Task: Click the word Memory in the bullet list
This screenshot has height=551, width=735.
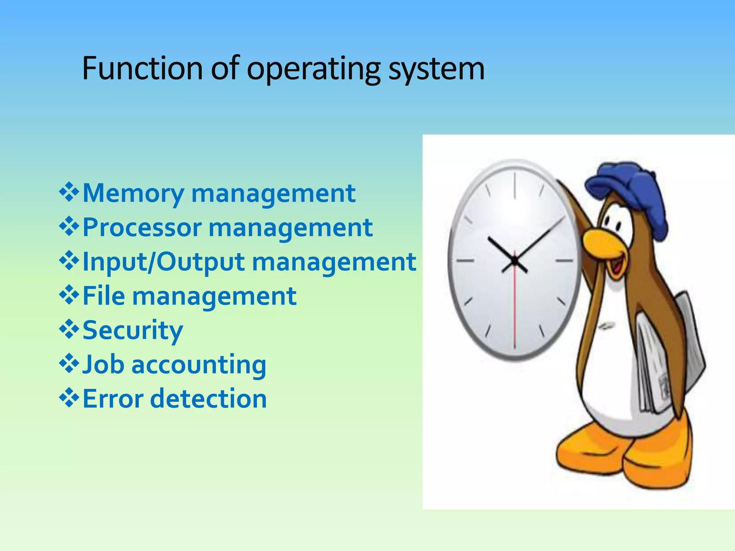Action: pos(133,194)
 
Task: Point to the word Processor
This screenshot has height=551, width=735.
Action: pos(142,228)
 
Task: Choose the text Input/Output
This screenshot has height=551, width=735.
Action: pos(164,262)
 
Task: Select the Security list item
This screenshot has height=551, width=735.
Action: pos(133,330)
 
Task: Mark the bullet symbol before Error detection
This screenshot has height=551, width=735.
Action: pos(69,399)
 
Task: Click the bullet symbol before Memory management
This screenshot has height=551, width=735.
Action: pos(69,193)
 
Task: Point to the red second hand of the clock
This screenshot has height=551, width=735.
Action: pos(514,309)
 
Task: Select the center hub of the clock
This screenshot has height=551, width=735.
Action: pos(514,261)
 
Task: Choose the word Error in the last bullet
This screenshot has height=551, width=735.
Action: pos(113,399)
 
